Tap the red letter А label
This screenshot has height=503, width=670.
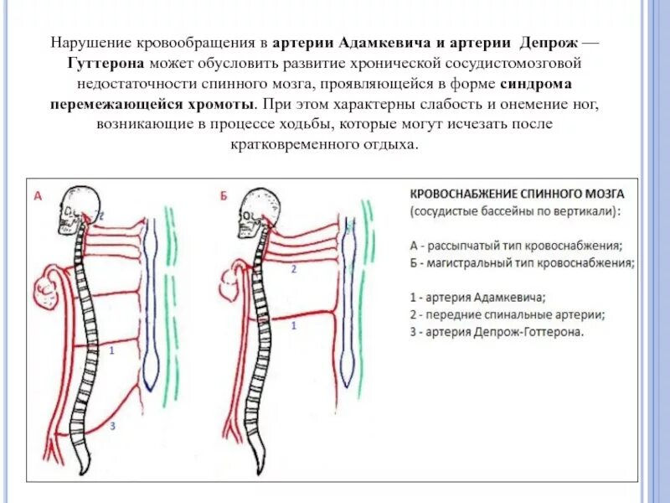click(38, 197)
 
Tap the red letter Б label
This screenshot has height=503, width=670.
click(224, 197)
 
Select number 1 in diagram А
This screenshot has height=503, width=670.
click(112, 352)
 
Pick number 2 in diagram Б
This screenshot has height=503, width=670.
click(293, 270)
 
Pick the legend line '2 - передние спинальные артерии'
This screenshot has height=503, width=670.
click(508, 314)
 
